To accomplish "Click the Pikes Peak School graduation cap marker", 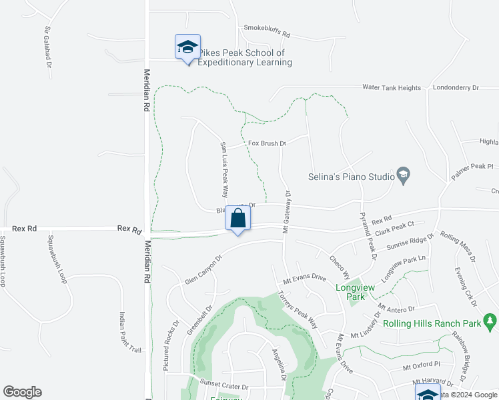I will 187,47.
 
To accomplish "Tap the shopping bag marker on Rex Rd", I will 238,218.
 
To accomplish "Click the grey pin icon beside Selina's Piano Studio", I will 403,176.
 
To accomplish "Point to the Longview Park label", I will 354,288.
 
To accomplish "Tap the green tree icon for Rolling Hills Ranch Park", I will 491,321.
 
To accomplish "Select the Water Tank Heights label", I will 392,87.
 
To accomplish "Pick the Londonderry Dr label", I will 456,87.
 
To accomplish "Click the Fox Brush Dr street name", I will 267,143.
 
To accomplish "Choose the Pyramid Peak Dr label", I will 368,237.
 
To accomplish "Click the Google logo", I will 23,392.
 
